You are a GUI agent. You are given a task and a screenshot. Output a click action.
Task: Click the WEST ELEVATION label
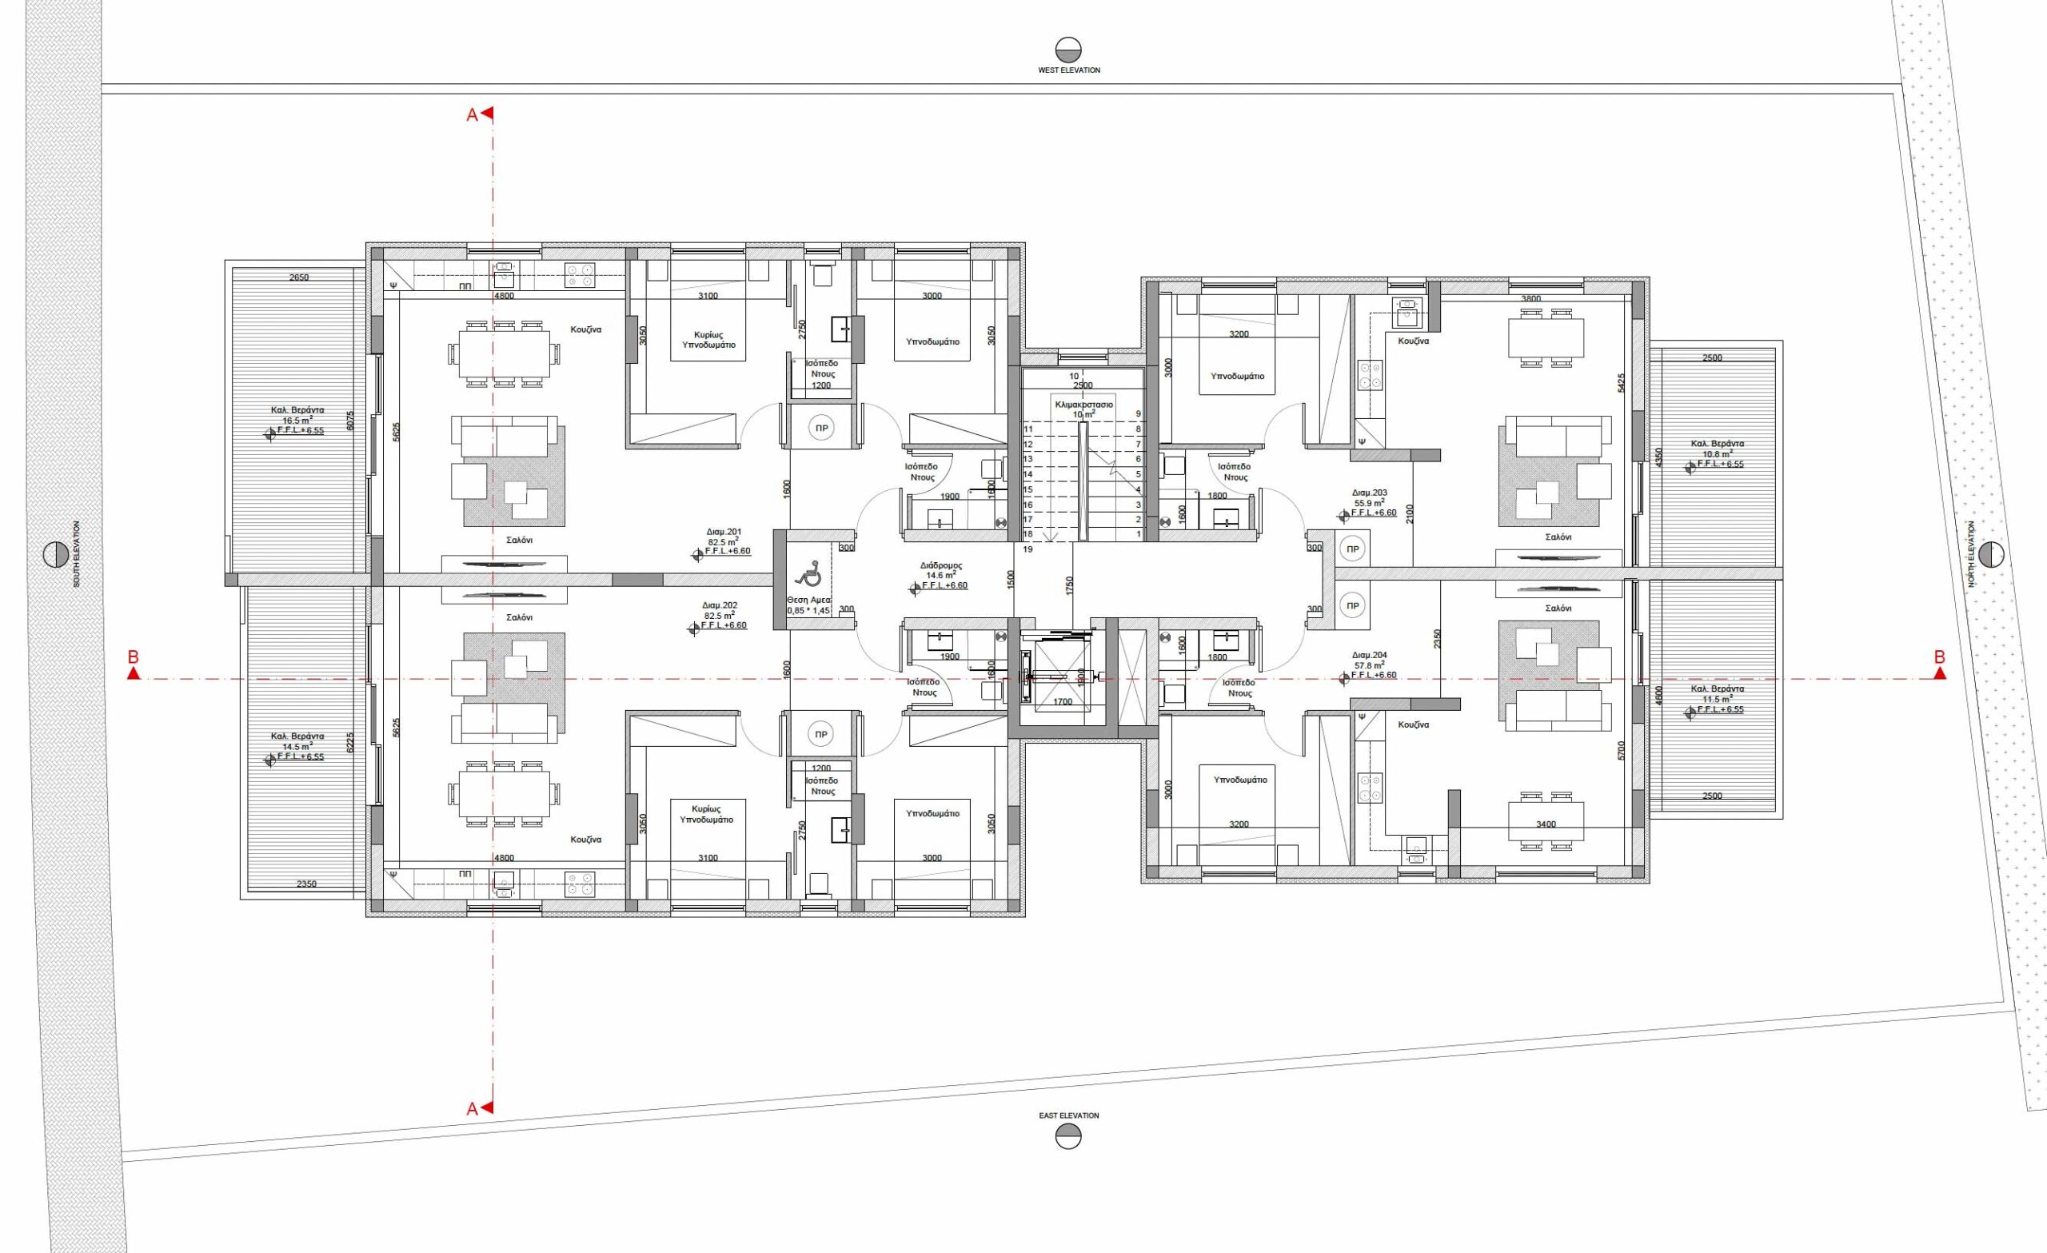pyautogui.click(x=1068, y=70)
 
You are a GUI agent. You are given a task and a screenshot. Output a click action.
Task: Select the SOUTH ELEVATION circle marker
pyautogui.click(x=56, y=554)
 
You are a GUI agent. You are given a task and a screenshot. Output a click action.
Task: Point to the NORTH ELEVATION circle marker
pyautogui.click(x=1991, y=554)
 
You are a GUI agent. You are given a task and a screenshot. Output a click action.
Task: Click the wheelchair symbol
pyautogui.click(x=807, y=573)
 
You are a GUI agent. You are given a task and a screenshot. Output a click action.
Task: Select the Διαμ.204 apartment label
pyautogui.click(x=1370, y=655)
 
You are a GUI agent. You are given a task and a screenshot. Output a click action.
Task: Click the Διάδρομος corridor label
pyautogui.click(x=941, y=565)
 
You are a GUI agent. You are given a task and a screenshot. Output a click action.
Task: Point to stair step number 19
pyautogui.click(x=1027, y=549)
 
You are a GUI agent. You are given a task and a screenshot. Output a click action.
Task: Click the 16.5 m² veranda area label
pyautogui.click(x=297, y=421)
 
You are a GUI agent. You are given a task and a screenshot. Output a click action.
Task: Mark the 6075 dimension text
pyautogui.click(x=350, y=421)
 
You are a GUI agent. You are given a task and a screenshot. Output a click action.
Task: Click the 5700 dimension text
pyautogui.click(x=1622, y=752)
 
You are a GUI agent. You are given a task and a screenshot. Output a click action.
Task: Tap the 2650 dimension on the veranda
pyautogui.click(x=299, y=277)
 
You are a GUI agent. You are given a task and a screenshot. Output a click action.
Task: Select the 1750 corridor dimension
pyautogui.click(x=1070, y=586)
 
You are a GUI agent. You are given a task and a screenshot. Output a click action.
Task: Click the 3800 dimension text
pyautogui.click(x=1531, y=299)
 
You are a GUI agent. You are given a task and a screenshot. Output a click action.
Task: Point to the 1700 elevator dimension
pyautogui.click(x=1063, y=702)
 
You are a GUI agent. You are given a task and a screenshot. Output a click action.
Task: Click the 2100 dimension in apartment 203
pyautogui.click(x=1409, y=515)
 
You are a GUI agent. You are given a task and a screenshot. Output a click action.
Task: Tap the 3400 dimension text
pyautogui.click(x=1547, y=824)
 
